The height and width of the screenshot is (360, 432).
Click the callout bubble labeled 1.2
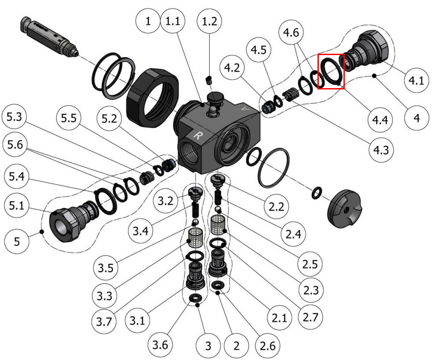click(209, 21)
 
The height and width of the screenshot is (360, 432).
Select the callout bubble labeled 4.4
click(380, 120)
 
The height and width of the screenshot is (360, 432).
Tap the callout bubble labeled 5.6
click(15, 145)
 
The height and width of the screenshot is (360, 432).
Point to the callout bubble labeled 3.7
click(104, 322)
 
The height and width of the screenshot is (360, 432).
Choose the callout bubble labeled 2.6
click(267, 345)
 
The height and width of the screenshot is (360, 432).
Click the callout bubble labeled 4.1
click(416, 81)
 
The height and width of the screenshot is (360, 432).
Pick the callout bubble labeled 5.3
click(14, 117)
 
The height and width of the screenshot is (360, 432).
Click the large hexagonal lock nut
click(152, 97)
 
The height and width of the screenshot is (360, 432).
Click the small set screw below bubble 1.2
click(209, 80)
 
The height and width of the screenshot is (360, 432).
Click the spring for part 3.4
click(195, 211)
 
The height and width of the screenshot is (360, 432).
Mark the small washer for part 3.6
click(196, 298)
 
